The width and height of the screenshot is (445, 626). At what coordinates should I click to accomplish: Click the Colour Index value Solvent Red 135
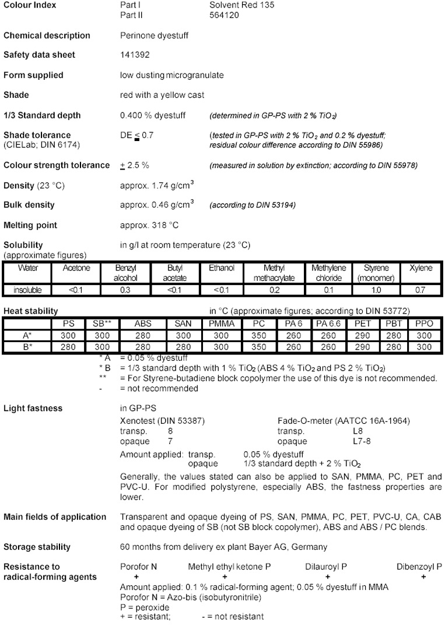(x=241, y=5)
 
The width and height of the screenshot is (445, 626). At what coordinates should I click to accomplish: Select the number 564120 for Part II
(x=224, y=15)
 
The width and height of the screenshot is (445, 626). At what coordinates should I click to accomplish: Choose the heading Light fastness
(x=33, y=408)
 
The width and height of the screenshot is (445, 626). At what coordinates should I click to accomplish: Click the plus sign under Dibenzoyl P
(x=423, y=576)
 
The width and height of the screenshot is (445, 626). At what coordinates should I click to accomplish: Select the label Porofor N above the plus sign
(x=139, y=567)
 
